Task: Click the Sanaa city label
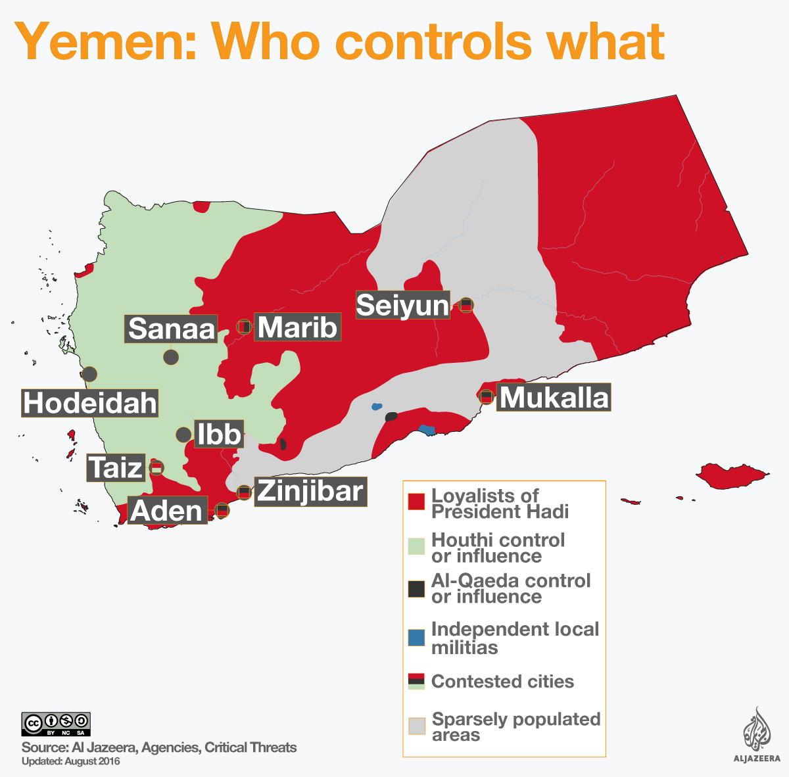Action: coord(171,329)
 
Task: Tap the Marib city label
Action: coord(297,327)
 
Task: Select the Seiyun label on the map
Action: coord(402,305)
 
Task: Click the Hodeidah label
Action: coord(90,403)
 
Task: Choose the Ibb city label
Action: coord(219,435)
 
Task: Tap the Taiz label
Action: coord(116,468)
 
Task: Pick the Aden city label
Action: coord(167,511)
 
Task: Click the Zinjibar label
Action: coord(310,491)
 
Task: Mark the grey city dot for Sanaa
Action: coord(171,357)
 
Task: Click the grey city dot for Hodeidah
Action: coord(89,374)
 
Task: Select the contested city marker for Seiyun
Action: coord(466,304)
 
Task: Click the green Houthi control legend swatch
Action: coord(416,546)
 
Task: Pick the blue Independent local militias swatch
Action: coord(416,638)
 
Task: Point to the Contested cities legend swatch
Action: coord(416,681)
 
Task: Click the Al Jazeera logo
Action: coord(757,736)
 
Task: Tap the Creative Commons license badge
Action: coord(56,724)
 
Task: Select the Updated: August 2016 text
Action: coord(71,762)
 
